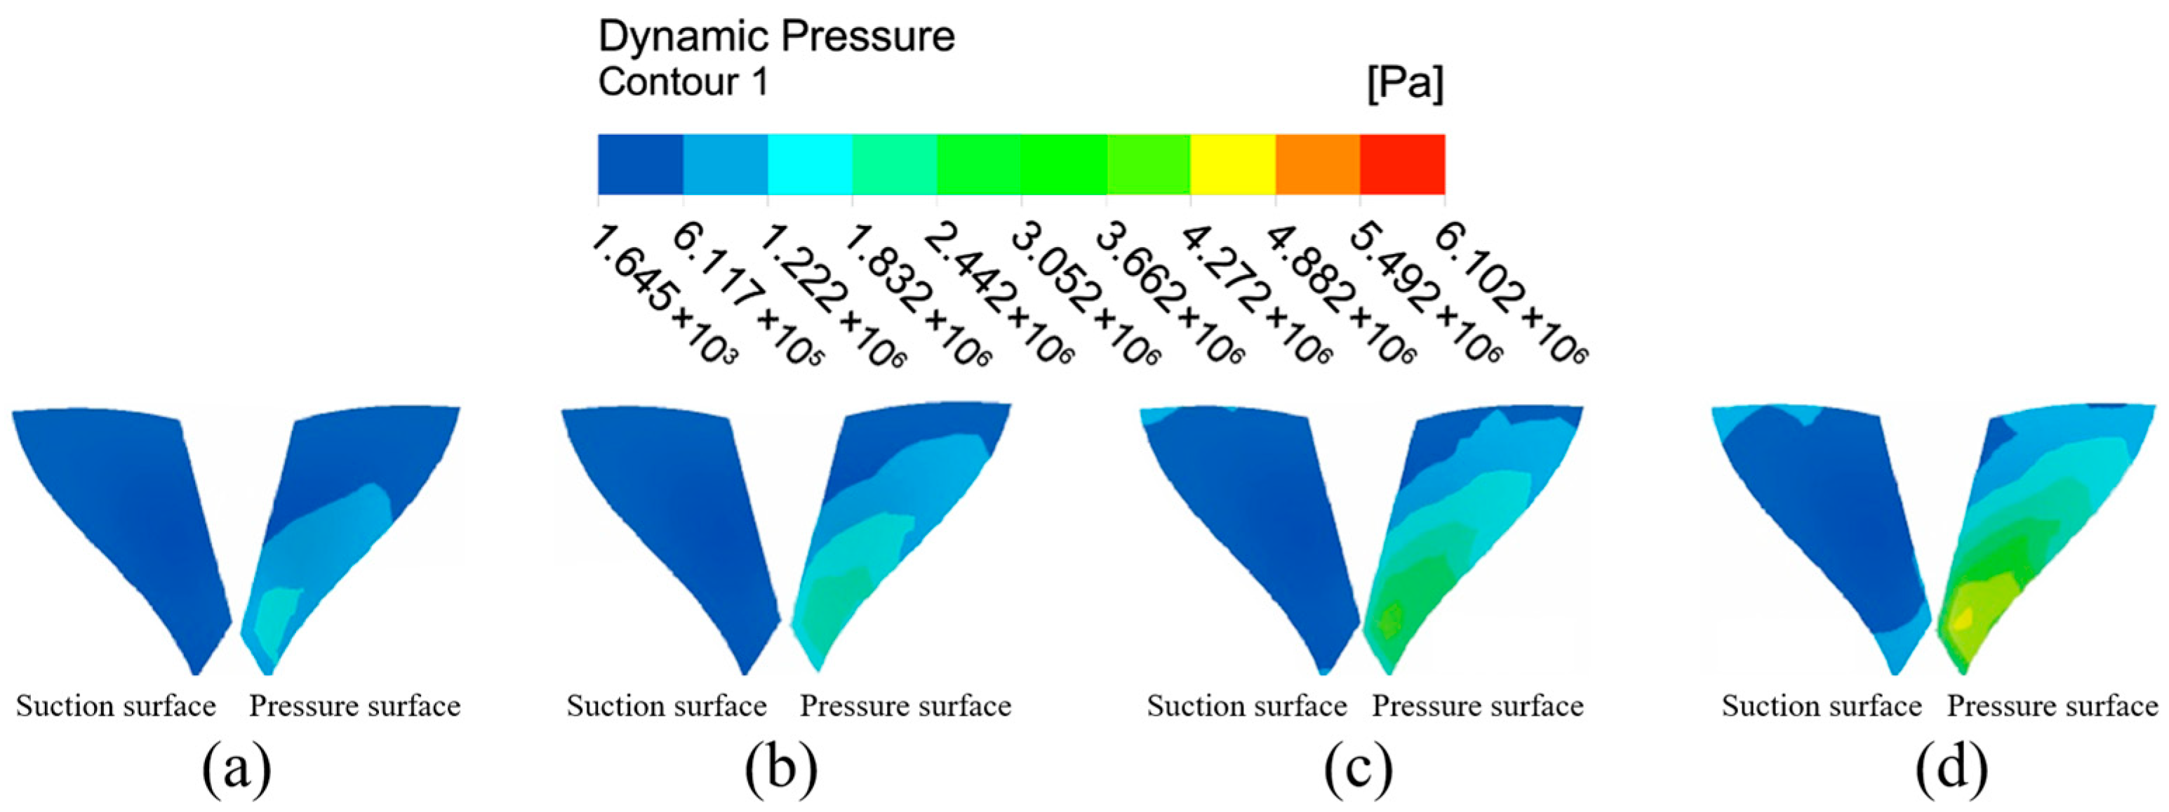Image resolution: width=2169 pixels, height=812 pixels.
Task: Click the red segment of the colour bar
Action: pyautogui.click(x=1402, y=164)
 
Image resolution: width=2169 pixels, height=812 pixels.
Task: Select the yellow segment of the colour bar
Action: pyautogui.click(x=1233, y=164)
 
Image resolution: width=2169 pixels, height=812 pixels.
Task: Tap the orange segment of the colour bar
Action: pyautogui.click(x=1318, y=164)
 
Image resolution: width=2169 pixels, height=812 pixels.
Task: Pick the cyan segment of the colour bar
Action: pyautogui.click(x=809, y=164)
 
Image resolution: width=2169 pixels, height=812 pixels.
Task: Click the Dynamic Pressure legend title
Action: pyautogui.click(x=776, y=37)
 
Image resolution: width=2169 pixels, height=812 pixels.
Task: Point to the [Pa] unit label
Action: pyautogui.click(x=1404, y=84)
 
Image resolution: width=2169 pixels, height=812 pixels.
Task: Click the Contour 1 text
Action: pyautogui.click(x=683, y=84)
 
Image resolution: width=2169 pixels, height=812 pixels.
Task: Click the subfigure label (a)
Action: pyautogui.click(x=236, y=768)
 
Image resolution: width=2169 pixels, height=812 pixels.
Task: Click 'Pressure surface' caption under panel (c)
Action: pyautogui.click(x=1478, y=706)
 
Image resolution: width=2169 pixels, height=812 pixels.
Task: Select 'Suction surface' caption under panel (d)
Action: pyautogui.click(x=1821, y=706)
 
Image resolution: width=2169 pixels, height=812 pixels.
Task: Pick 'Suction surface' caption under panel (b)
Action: pyautogui.click(x=666, y=706)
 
